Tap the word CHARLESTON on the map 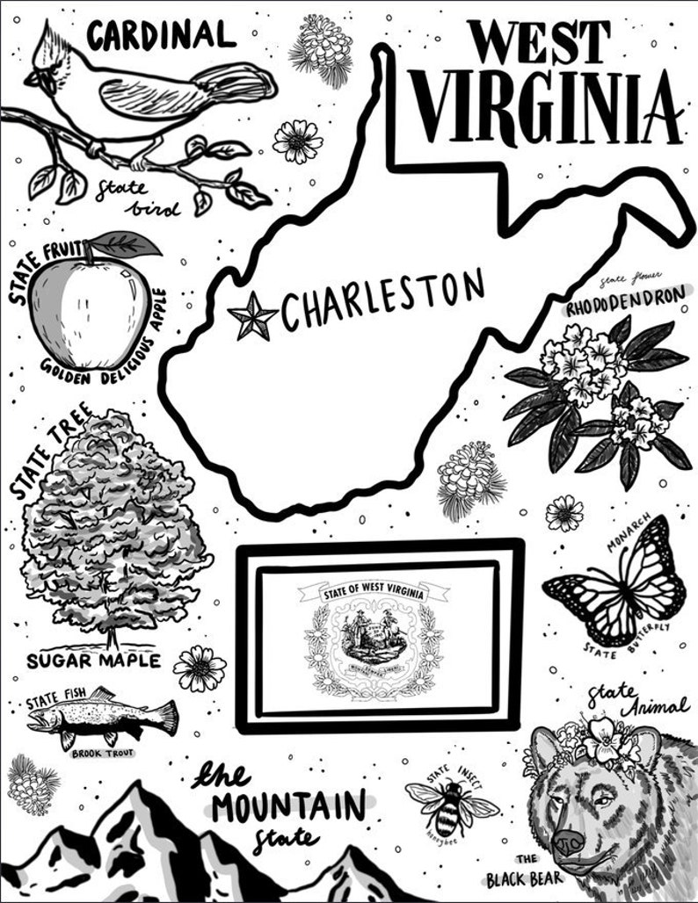pyautogui.click(x=382, y=301)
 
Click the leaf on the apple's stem pyautogui.click(x=127, y=242)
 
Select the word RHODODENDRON pyautogui.click(x=625, y=305)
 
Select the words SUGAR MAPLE pyautogui.click(x=93, y=660)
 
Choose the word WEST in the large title pyautogui.click(x=537, y=40)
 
